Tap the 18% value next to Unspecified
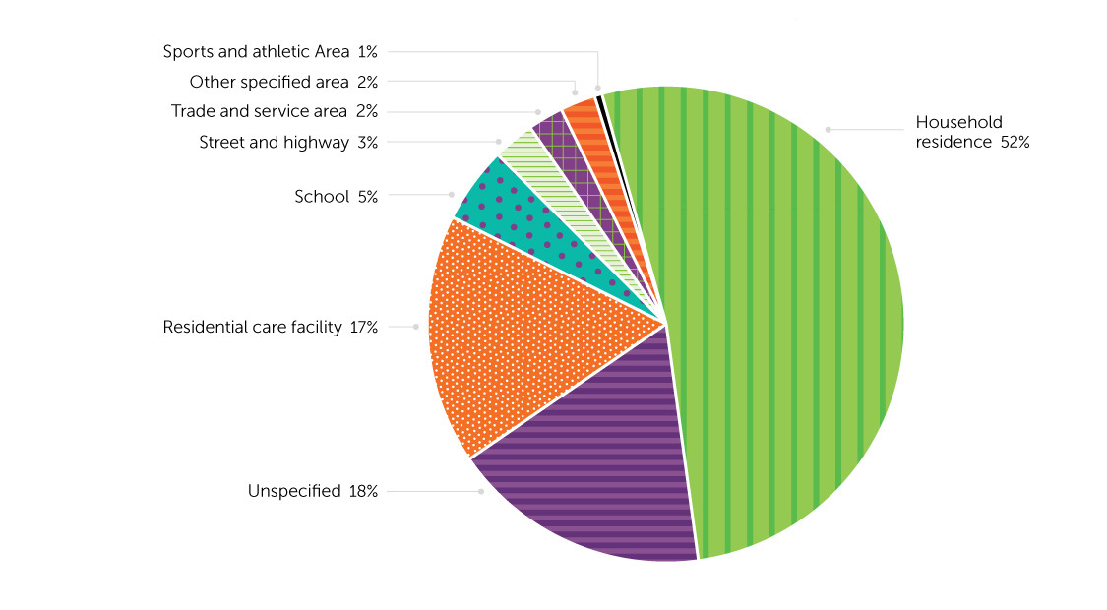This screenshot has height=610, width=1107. (363, 490)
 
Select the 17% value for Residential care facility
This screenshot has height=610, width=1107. (363, 327)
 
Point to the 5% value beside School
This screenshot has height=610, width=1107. (368, 197)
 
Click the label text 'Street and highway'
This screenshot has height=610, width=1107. (274, 143)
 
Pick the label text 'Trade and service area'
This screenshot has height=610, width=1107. (260, 111)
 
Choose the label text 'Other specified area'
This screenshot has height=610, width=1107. (270, 82)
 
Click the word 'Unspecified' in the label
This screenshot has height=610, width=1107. (294, 490)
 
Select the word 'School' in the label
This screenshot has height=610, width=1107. (322, 197)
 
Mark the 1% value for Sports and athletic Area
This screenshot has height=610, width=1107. (368, 52)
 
